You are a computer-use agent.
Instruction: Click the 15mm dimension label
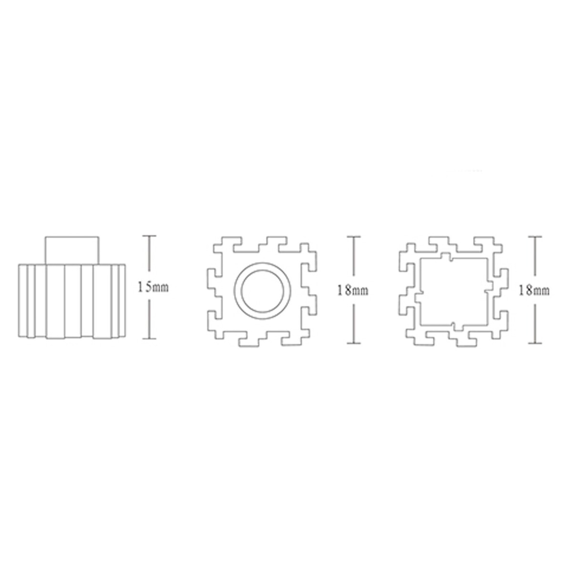pyautogui.click(x=153, y=287)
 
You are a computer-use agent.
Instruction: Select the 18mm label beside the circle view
pyautogui.click(x=353, y=291)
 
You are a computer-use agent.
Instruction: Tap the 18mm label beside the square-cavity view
pyautogui.click(x=534, y=290)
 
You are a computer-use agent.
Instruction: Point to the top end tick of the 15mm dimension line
pyautogui.click(x=149, y=236)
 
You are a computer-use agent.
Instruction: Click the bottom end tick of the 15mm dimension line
pyautogui.click(x=149, y=338)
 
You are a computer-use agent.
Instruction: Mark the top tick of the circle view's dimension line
pyautogui.click(x=354, y=237)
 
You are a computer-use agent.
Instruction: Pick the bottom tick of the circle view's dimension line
pyautogui.click(x=354, y=343)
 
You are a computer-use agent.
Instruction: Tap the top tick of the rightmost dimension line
pyautogui.click(x=535, y=237)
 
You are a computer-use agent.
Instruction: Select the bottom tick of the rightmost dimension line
pyautogui.click(x=535, y=343)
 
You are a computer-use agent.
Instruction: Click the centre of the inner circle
pyautogui.click(x=262, y=291)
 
